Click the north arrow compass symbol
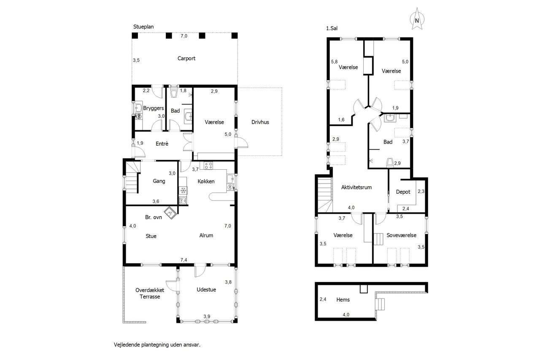(x=417, y=19)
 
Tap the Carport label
(x=186, y=58)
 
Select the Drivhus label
(x=260, y=122)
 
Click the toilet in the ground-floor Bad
(x=173, y=93)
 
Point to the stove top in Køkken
(x=208, y=165)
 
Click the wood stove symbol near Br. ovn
(x=170, y=213)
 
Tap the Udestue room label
(x=206, y=290)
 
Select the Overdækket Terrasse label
(x=150, y=293)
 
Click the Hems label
(x=343, y=300)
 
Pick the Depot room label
(x=403, y=192)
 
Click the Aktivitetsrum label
(x=356, y=187)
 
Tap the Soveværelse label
(x=401, y=235)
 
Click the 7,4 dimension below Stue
(x=184, y=260)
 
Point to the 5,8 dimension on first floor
(x=335, y=62)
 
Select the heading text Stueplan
(x=143, y=27)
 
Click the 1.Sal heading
(x=332, y=28)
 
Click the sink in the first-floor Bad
(x=390, y=118)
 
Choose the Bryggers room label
(x=154, y=108)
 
